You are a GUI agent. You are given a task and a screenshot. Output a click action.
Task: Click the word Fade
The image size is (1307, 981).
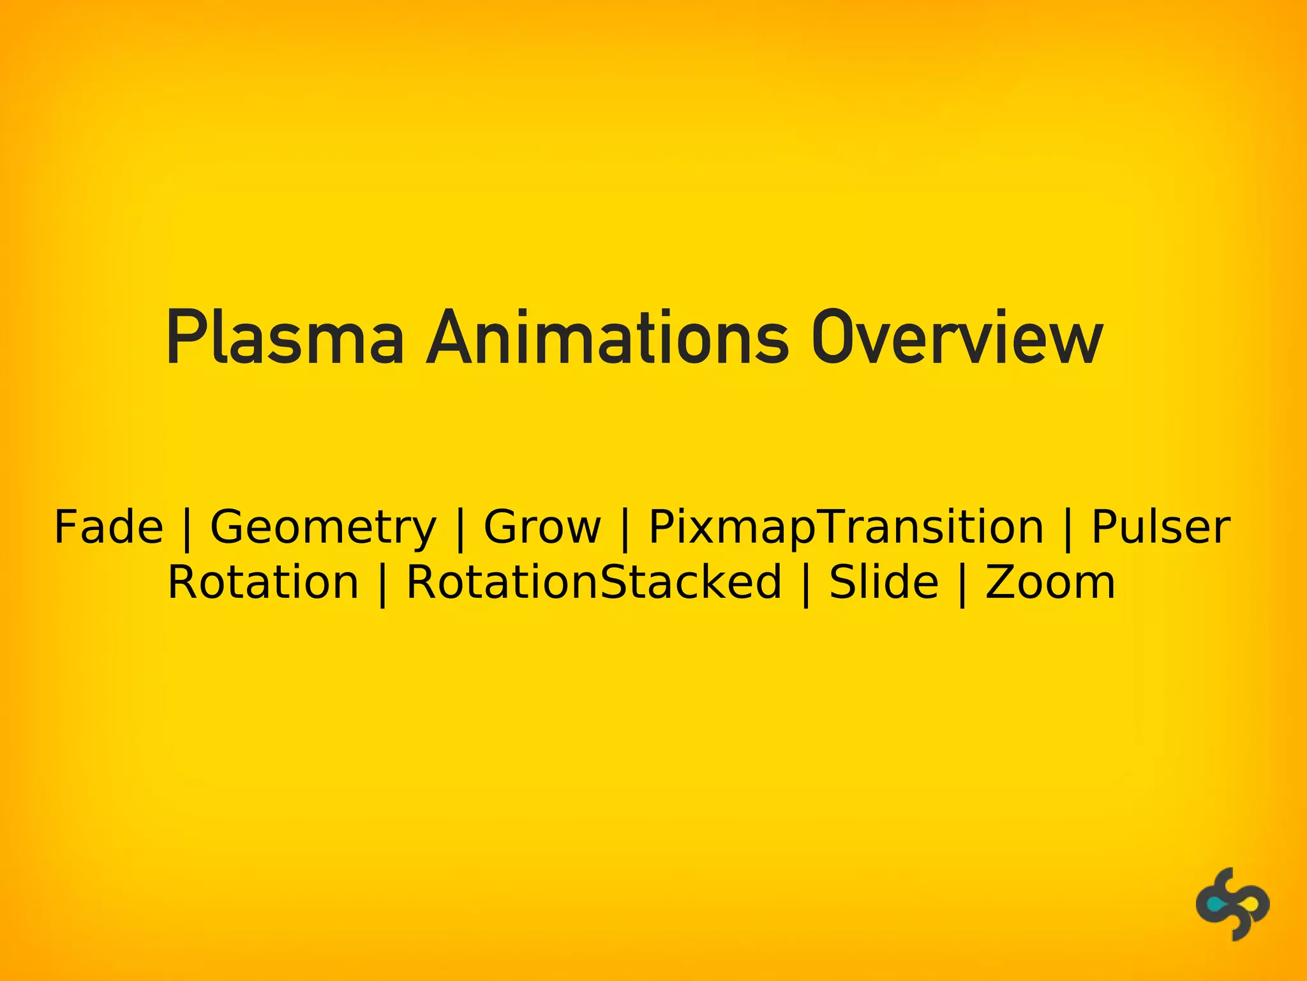coord(108,528)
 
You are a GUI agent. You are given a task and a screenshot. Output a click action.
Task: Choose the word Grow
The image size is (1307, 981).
coord(542,528)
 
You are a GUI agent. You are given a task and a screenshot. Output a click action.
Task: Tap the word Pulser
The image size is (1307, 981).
coord(1160,528)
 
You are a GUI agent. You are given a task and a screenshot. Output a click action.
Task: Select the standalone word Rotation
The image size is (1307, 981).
coord(263,582)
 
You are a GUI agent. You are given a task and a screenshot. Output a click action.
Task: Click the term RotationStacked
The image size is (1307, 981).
coord(594,582)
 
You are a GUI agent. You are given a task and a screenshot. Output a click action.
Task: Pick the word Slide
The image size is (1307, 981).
coord(883,582)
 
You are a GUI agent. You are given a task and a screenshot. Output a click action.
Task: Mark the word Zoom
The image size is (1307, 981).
coord(1050,582)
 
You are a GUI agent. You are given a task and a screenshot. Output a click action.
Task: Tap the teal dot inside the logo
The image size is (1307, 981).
coord(1215,905)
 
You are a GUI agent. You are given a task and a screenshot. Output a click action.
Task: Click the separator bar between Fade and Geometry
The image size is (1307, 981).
coord(187,530)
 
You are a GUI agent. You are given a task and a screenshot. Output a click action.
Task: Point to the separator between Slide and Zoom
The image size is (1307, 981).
coord(962,585)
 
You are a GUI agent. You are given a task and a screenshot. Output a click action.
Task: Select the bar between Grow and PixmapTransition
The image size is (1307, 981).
coord(625,530)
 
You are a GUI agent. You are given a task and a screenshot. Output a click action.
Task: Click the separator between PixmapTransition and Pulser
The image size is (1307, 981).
coord(1068,530)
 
